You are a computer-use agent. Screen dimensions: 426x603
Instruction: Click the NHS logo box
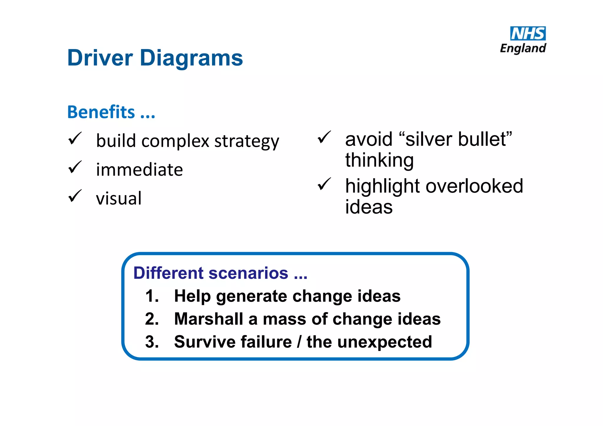[x=528, y=34]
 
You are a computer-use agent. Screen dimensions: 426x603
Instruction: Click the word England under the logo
[x=523, y=48]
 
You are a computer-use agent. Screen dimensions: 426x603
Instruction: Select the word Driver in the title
[x=100, y=58]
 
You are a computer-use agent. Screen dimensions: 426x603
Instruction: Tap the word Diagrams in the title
[x=191, y=58]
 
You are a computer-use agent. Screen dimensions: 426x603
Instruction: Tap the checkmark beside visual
[x=75, y=196]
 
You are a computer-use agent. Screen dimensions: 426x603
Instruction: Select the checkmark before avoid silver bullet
[x=324, y=137]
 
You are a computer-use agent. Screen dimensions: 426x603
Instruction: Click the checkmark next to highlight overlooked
[x=324, y=184]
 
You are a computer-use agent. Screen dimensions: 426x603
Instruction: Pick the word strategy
[x=246, y=141]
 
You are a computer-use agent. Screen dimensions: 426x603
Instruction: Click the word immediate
[x=139, y=170]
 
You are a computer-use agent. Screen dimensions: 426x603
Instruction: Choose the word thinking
[x=379, y=160]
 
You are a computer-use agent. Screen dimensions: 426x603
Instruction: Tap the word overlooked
[x=474, y=186]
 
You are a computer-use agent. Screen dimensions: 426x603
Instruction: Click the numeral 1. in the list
[x=152, y=296]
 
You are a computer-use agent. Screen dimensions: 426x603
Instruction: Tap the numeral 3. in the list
[x=152, y=342]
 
